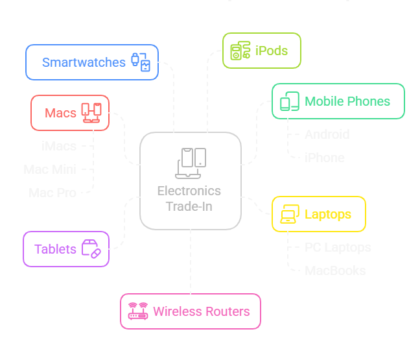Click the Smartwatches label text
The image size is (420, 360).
pos(84,62)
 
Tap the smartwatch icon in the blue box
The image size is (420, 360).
pos(141,62)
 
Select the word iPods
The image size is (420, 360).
pos(272,51)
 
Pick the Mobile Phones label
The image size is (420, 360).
pos(347,101)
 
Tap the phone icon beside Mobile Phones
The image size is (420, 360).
pos(290,101)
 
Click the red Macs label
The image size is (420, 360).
pos(61,113)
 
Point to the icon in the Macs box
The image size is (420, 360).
pos(91,112)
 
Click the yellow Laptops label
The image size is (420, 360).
pos(328,214)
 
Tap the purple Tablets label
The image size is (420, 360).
pos(55,249)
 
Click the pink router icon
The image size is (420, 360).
pos(137,311)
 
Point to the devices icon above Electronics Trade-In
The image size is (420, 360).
pos(191,163)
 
